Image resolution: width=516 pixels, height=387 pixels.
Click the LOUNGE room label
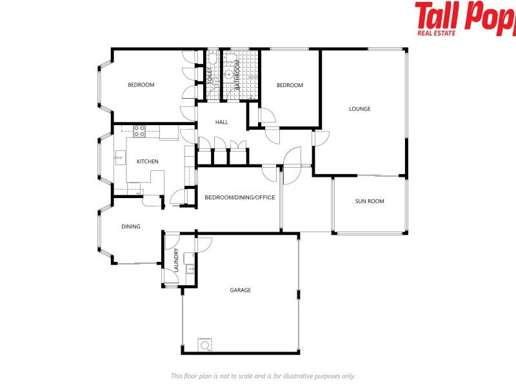[x=360, y=109]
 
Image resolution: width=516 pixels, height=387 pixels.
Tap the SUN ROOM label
[x=370, y=201]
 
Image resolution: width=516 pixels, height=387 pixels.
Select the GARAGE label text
[x=241, y=290]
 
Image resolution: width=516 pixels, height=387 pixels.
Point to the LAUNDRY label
[x=175, y=259]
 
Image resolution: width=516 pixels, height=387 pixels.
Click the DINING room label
[x=131, y=226]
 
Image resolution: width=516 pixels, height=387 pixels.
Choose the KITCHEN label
[x=147, y=161]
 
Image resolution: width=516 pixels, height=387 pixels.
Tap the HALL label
[x=222, y=122]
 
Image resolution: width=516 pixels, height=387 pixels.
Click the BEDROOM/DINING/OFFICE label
[x=240, y=197]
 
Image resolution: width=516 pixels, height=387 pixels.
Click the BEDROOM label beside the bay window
[x=141, y=85]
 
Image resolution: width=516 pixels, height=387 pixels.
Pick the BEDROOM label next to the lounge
[x=290, y=85]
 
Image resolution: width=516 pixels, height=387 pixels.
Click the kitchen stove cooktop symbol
[x=139, y=132]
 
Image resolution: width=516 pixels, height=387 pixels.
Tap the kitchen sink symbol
[x=119, y=155]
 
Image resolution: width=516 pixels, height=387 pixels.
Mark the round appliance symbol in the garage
[x=205, y=345]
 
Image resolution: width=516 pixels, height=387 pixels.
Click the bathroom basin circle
[x=228, y=75]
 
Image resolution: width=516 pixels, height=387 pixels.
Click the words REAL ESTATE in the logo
[x=435, y=32]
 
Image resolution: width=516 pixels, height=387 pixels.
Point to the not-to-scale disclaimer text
[x=263, y=376]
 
